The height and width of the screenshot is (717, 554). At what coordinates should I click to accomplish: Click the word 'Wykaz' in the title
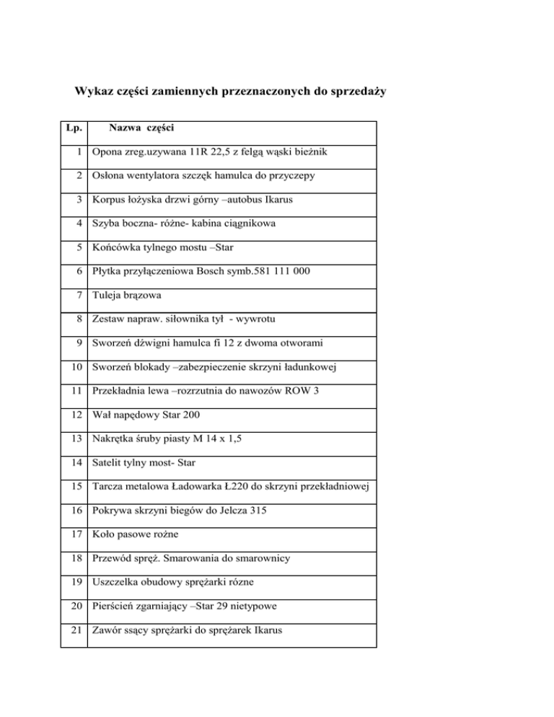[92, 92]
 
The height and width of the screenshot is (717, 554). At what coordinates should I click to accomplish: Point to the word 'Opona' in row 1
[105, 153]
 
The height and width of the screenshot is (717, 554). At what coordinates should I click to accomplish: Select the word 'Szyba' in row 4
[105, 224]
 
